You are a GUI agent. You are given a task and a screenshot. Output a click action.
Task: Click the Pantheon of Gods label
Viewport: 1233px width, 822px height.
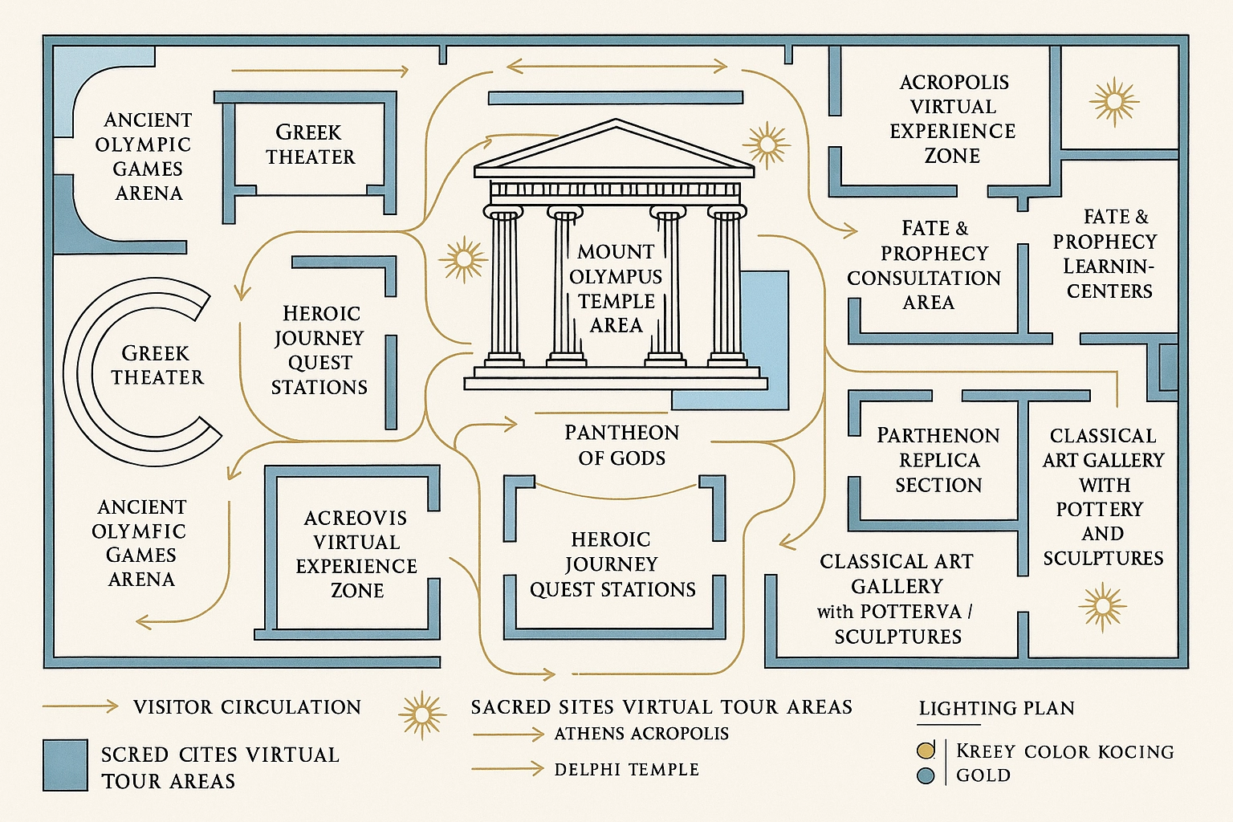tap(621, 446)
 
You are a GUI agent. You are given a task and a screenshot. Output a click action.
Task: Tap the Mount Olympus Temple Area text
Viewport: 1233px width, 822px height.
tap(616, 288)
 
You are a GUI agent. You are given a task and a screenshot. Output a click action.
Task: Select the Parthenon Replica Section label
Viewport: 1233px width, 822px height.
tap(938, 460)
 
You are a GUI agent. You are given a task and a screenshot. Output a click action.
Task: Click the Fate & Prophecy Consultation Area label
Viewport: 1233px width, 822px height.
tap(925, 266)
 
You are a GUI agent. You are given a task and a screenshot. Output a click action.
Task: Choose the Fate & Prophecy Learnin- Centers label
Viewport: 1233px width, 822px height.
tap(1106, 254)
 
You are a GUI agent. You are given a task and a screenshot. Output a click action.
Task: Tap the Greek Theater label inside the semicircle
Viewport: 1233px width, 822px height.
tap(157, 365)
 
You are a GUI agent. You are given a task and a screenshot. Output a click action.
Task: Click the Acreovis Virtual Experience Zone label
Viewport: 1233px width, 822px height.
tap(356, 554)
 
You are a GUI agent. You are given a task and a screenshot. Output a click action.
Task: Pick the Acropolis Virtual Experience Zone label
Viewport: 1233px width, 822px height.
tap(953, 119)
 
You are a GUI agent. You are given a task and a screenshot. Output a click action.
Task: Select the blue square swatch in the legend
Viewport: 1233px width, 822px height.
tap(65, 765)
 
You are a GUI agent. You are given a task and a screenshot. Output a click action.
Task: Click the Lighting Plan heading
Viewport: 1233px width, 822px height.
tap(996, 708)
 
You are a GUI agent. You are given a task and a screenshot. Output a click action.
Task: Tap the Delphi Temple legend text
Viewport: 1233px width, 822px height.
tap(626, 769)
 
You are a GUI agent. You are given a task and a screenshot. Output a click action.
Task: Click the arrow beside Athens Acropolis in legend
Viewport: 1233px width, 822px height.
tap(508, 734)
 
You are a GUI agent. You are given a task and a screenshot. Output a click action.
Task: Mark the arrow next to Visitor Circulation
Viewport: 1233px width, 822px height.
tap(80, 706)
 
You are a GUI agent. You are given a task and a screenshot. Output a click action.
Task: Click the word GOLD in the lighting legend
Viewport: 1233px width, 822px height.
tap(983, 775)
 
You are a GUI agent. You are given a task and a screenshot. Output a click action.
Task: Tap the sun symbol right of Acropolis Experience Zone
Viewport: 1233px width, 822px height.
tap(1114, 102)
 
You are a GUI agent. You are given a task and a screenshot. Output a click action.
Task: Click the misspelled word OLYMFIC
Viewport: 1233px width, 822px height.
tap(139, 531)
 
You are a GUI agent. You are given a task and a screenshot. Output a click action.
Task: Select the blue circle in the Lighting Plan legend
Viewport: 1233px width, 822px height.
tap(926, 776)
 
